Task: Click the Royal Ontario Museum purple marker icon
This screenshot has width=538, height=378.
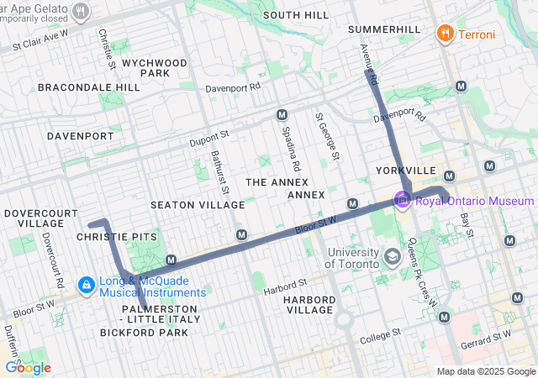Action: pos(403,201)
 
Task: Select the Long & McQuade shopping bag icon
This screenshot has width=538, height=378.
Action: pos(86,286)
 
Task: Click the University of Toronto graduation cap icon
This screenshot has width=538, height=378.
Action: pos(392,255)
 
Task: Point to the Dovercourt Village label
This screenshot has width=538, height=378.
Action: pos(35,219)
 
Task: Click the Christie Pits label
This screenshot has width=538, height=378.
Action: pos(117,237)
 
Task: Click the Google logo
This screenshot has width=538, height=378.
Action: pos(28,367)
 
